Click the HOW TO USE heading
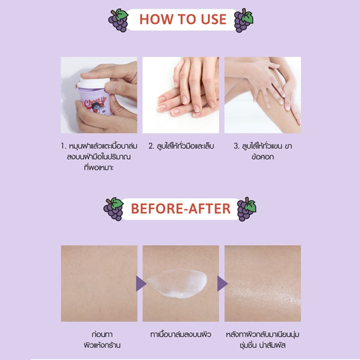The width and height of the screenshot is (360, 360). point(182,19)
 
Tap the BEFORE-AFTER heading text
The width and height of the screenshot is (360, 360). point(180,208)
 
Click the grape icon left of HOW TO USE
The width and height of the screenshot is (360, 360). point(118,20)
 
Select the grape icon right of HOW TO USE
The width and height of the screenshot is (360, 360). point(244,20)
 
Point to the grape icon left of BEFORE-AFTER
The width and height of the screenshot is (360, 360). point(113,208)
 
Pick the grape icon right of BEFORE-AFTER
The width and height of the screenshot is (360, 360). point(246,209)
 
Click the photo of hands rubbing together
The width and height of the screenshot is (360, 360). point(180,95)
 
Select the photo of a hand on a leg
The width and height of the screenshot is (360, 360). point(262,95)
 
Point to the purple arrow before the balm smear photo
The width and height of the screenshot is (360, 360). point(141,283)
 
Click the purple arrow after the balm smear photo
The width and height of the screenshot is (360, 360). point(222,283)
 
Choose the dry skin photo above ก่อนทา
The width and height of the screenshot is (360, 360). point(99,283)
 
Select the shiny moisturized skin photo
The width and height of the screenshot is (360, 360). point(262,283)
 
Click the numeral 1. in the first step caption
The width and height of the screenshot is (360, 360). point(63,146)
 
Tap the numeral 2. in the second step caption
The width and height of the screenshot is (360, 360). point(151,146)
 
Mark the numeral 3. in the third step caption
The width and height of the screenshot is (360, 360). point(237,146)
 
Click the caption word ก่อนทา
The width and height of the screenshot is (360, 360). point(98,333)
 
